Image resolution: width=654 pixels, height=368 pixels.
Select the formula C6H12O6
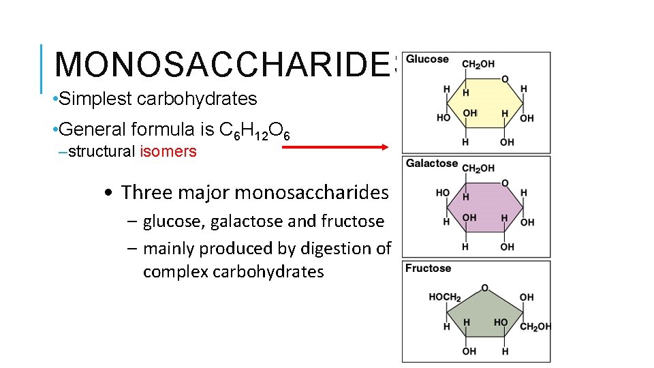pos(255,130)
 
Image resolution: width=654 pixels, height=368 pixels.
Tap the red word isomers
pos(168,152)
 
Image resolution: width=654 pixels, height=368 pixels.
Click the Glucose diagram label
pos(427,59)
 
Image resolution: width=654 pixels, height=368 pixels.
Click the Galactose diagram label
pos(431,164)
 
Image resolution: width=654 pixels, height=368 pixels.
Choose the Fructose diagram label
pos(428,269)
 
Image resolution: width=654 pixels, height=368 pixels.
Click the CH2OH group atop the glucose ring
pos(478,64)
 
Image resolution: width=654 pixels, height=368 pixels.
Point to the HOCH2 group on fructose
pos(445,297)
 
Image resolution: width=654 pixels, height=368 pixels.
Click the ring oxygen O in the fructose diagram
pos(484,288)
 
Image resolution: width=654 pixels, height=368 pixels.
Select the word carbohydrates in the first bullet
pos(197,99)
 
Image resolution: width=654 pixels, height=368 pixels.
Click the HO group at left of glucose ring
pos(443,118)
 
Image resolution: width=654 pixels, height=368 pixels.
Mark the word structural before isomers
pos(102,152)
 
